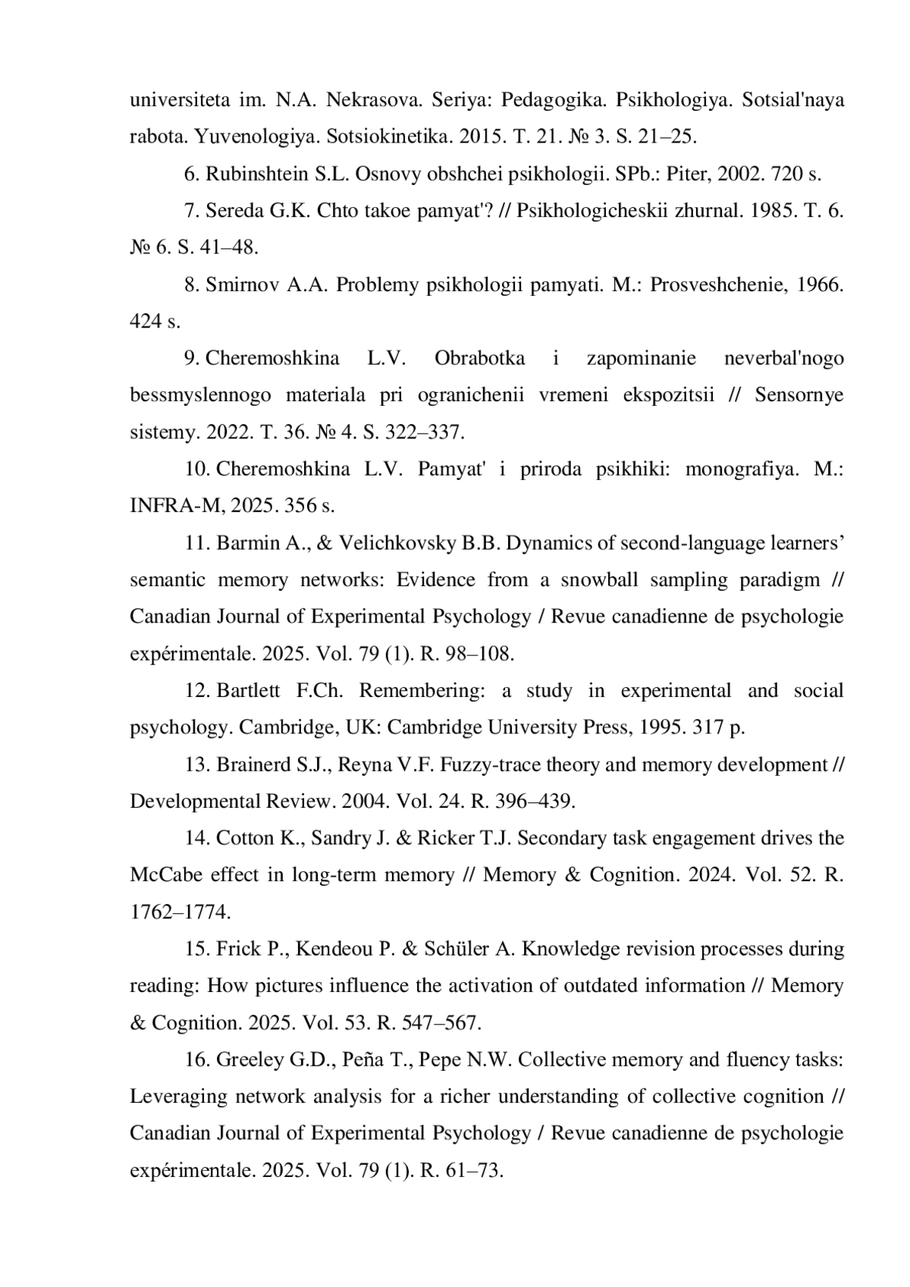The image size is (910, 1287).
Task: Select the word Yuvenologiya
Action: (x=254, y=137)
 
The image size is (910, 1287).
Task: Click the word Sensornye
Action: (x=799, y=395)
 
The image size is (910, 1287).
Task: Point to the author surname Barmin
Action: (x=248, y=543)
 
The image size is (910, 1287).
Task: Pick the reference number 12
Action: (x=197, y=691)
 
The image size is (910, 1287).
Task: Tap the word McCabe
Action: (x=166, y=875)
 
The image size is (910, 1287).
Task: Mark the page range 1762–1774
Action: (x=180, y=912)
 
